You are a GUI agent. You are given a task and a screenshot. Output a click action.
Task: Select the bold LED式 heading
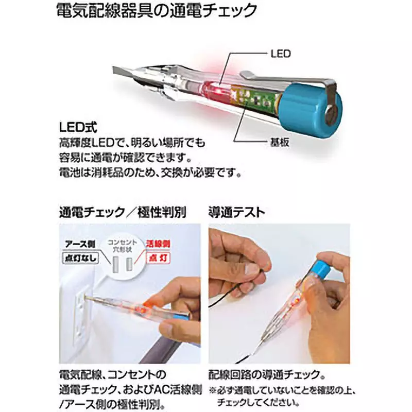pos(78,126)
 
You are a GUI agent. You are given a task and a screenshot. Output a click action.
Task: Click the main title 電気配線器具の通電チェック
pos(156,11)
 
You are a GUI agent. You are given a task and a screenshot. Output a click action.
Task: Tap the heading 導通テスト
pos(236,212)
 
